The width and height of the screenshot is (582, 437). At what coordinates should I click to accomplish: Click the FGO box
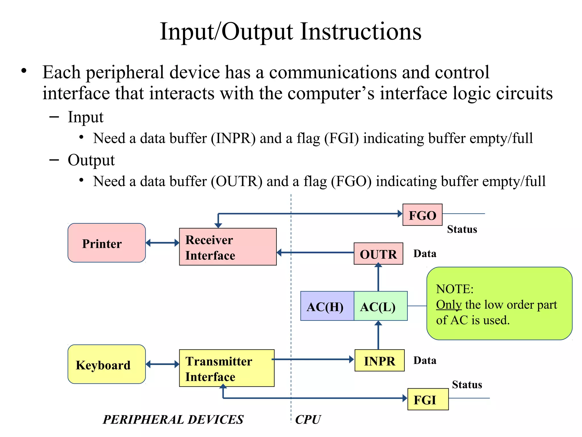tap(422, 215)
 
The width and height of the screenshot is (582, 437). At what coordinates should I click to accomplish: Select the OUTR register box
tap(378, 254)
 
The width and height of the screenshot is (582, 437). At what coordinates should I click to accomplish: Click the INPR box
tap(379, 360)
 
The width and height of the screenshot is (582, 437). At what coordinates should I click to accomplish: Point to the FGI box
tap(428, 399)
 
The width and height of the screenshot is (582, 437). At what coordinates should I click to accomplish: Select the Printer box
tap(107, 243)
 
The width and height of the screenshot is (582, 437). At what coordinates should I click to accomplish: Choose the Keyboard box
tap(107, 364)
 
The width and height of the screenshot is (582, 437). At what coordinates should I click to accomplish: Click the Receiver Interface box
tap(228, 247)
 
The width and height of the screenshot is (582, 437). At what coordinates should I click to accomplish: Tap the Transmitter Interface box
tap(226, 368)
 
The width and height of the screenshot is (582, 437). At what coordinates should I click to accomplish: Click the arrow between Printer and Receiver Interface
tap(162, 243)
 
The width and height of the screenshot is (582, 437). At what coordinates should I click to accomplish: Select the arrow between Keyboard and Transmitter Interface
tap(162, 364)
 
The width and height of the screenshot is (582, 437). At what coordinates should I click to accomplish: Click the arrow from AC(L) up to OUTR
tap(378, 277)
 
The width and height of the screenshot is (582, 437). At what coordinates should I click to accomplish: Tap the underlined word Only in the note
tap(449, 305)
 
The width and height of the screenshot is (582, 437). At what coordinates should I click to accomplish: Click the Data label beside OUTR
tap(425, 253)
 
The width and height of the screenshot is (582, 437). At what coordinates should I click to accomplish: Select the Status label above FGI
tap(467, 385)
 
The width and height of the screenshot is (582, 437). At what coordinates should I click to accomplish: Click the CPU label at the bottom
tap(308, 420)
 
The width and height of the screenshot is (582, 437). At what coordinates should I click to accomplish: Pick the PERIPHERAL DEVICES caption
tap(173, 420)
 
